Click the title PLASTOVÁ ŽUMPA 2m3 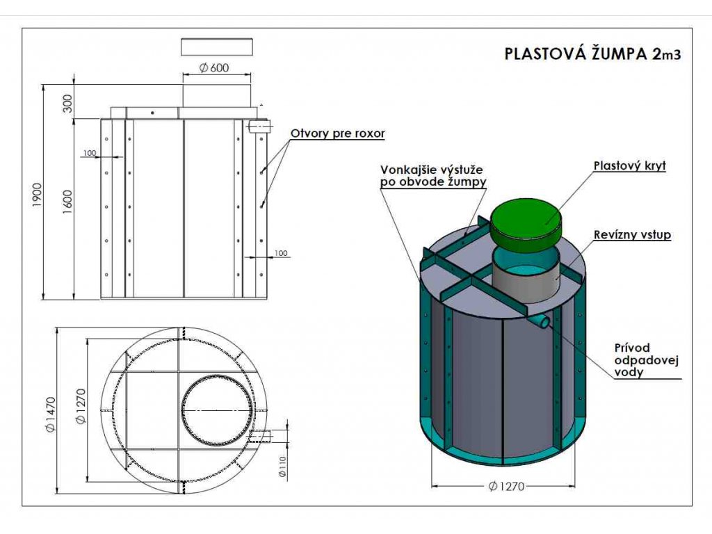[x=592, y=54]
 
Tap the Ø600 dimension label [x=214, y=67]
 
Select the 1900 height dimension [x=38, y=195]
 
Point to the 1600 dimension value [x=67, y=202]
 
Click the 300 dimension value [x=67, y=104]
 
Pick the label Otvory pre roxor [x=337, y=133]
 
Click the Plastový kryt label [x=630, y=165]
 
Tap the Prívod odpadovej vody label [x=646, y=361]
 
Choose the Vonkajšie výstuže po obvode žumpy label [x=433, y=176]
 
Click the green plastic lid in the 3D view [x=527, y=223]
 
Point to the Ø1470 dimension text [x=50, y=414]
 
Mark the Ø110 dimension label [x=282, y=467]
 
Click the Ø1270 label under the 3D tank [x=506, y=486]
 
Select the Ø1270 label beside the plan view [x=81, y=406]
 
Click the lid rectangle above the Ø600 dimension [x=217, y=47]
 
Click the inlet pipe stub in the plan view [x=260, y=436]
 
